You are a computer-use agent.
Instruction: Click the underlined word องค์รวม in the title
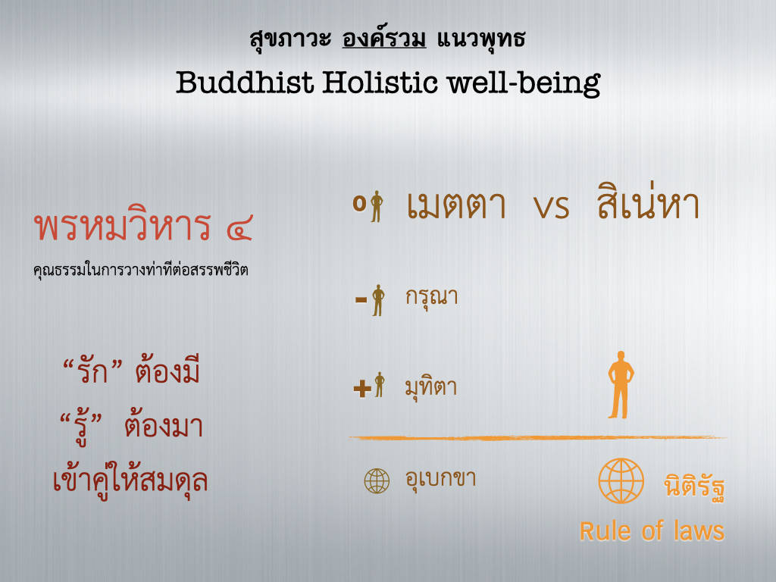pyautogui.click(x=384, y=39)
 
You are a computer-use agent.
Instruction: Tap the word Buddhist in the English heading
pyautogui.click(x=245, y=82)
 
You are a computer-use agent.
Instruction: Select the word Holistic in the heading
pyautogui.click(x=380, y=82)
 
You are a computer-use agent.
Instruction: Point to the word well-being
pyautogui.click(x=524, y=83)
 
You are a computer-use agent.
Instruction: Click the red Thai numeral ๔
pyautogui.click(x=240, y=227)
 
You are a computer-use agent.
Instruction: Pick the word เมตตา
pyautogui.click(x=456, y=205)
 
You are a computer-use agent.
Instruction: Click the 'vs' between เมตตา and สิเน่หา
pyautogui.click(x=552, y=206)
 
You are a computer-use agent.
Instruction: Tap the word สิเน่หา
pyautogui.click(x=649, y=201)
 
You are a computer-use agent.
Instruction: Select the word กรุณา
pyautogui.click(x=431, y=297)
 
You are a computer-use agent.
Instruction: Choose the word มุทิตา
pyautogui.click(x=430, y=387)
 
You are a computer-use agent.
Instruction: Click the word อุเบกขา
pyautogui.click(x=440, y=479)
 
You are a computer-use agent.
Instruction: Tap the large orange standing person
pyautogui.click(x=621, y=384)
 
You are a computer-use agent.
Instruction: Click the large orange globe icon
pyautogui.click(x=621, y=481)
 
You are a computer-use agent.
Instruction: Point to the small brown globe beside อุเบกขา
pyautogui.click(x=377, y=481)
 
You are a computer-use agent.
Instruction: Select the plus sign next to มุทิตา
pyautogui.click(x=362, y=388)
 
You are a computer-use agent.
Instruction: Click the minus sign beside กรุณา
pyautogui.click(x=361, y=299)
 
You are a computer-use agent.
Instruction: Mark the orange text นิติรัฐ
pyautogui.click(x=694, y=487)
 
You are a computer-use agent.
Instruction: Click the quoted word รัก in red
pyautogui.click(x=92, y=370)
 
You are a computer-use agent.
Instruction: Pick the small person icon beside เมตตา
pyautogui.click(x=377, y=206)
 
